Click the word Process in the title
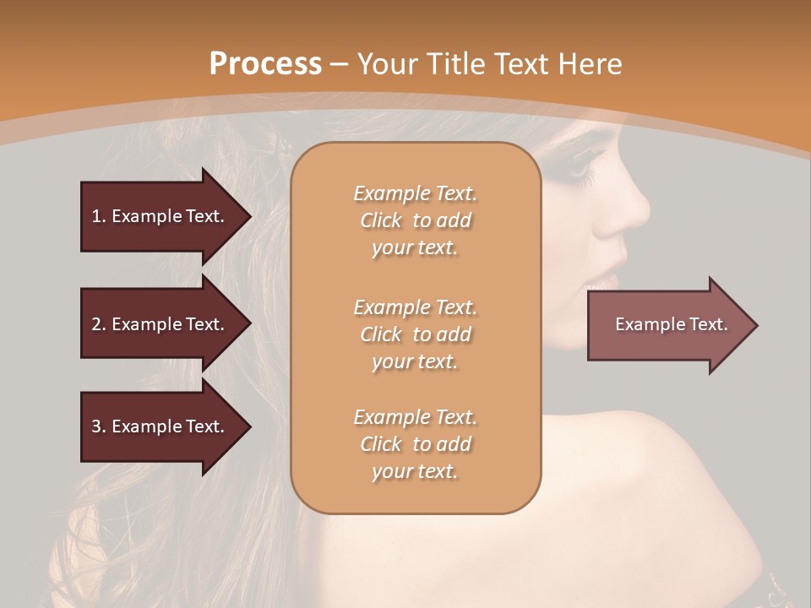[265, 64]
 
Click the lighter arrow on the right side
[671, 324]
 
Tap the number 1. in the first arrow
[98, 216]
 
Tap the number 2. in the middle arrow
[98, 324]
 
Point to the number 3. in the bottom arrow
[98, 426]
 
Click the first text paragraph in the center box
[415, 220]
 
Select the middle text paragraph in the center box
[415, 334]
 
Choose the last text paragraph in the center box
[415, 444]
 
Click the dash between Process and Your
[340, 64]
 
